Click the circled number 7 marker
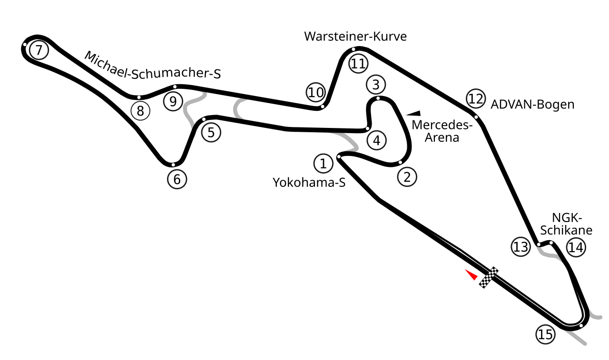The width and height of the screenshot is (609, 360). pyautogui.click(x=39, y=50)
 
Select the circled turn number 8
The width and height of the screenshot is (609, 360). pyautogui.click(x=140, y=111)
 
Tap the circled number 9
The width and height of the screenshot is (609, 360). pyautogui.click(x=173, y=101)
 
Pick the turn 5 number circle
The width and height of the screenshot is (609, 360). pyautogui.click(x=211, y=132)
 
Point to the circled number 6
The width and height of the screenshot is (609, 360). pyautogui.click(x=177, y=179)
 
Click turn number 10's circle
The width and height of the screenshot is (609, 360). pyautogui.click(x=315, y=92)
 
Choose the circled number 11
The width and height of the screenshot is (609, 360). pyautogui.click(x=358, y=63)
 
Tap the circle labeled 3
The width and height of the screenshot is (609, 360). pyautogui.click(x=376, y=85)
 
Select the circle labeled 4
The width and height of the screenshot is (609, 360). pyautogui.click(x=376, y=140)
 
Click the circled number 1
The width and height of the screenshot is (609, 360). pyautogui.click(x=323, y=164)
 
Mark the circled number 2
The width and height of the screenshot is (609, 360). pyautogui.click(x=407, y=177)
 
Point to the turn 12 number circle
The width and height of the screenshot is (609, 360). pyautogui.click(x=476, y=98)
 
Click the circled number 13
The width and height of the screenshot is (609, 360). pyautogui.click(x=521, y=247)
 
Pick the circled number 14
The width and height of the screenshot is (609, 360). pyautogui.click(x=576, y=247)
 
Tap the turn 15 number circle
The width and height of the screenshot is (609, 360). pyautogui.click(x=545, y=334)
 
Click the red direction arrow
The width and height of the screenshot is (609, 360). pyautogui.click(x=471, y=274)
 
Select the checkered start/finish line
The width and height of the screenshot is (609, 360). pyautogui.click(x=489, y=277)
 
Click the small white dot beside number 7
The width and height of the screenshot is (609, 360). pyautogui.click(x=25, y=45)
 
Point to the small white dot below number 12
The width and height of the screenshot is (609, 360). pyautogui.click(x=476, y=117)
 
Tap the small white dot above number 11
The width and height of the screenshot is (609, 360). pyautogui.click(x=354, y=49)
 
